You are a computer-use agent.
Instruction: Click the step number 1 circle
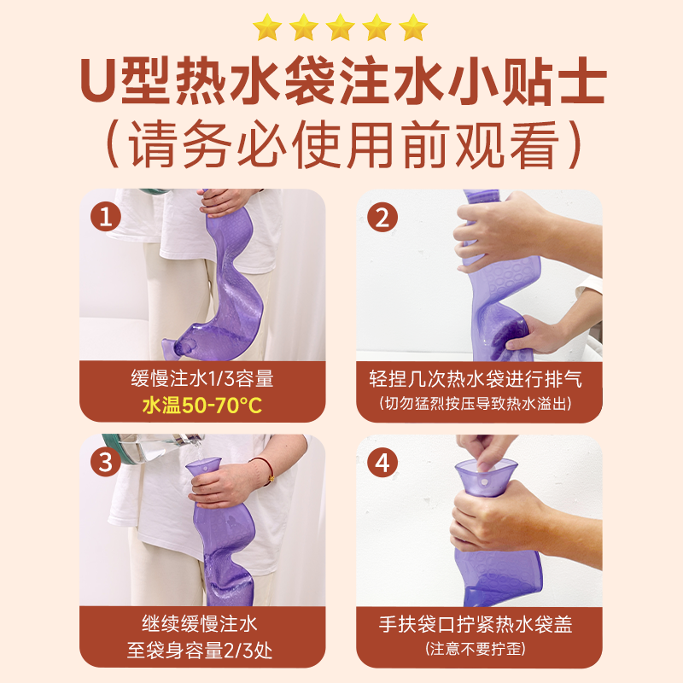[106, 217]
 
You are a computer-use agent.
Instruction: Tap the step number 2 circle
[382, 217]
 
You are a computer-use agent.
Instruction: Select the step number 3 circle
[106, 462]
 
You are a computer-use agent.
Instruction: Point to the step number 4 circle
[382, 462]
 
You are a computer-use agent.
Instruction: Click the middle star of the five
[340, 27]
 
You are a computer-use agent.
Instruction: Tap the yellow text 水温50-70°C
[202, 406]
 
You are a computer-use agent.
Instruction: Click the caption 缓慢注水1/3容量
[202, 378]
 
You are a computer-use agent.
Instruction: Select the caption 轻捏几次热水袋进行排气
[476, 378]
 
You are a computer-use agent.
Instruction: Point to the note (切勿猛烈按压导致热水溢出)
[476, 403]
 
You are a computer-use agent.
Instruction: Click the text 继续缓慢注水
[200, 624]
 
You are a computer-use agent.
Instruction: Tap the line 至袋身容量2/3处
[200, 651]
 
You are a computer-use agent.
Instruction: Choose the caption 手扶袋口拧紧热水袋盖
[476, 624]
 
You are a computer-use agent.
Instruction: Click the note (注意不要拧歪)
[476, 649]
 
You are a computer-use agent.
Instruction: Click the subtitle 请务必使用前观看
[344, 144]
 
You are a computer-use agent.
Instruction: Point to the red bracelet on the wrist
[266, 469]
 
